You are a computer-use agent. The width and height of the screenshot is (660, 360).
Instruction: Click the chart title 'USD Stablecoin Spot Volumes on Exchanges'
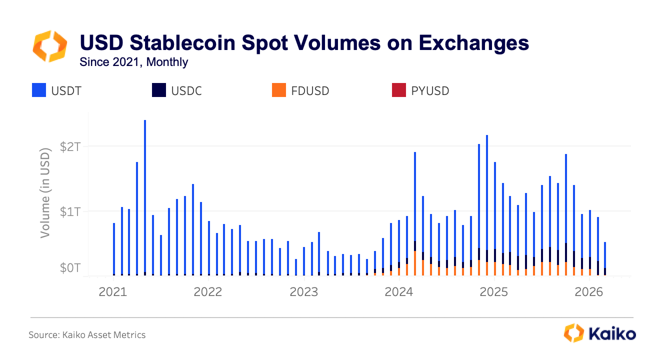[304, 43]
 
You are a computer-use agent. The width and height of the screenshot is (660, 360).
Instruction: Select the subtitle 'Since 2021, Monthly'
[134, 62]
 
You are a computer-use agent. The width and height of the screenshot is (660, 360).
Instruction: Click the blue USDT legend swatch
[39, 90]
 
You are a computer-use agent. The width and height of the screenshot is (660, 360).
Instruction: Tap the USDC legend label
[186, 91]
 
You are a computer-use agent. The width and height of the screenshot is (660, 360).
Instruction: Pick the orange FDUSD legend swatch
[278, 90]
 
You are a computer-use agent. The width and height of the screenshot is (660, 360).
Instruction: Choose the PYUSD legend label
[430, 91]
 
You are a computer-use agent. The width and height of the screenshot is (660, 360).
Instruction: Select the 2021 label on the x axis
[113, 291]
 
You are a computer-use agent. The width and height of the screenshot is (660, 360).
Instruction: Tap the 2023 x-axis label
[304, 291]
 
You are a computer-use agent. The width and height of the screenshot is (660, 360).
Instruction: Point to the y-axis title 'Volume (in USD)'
[46, 192]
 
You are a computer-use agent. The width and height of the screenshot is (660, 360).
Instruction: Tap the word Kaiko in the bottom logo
[612, 333]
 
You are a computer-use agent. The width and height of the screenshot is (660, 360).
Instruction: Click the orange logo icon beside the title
[49, 46]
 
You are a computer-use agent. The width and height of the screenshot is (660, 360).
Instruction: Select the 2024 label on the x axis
[399, 291]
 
